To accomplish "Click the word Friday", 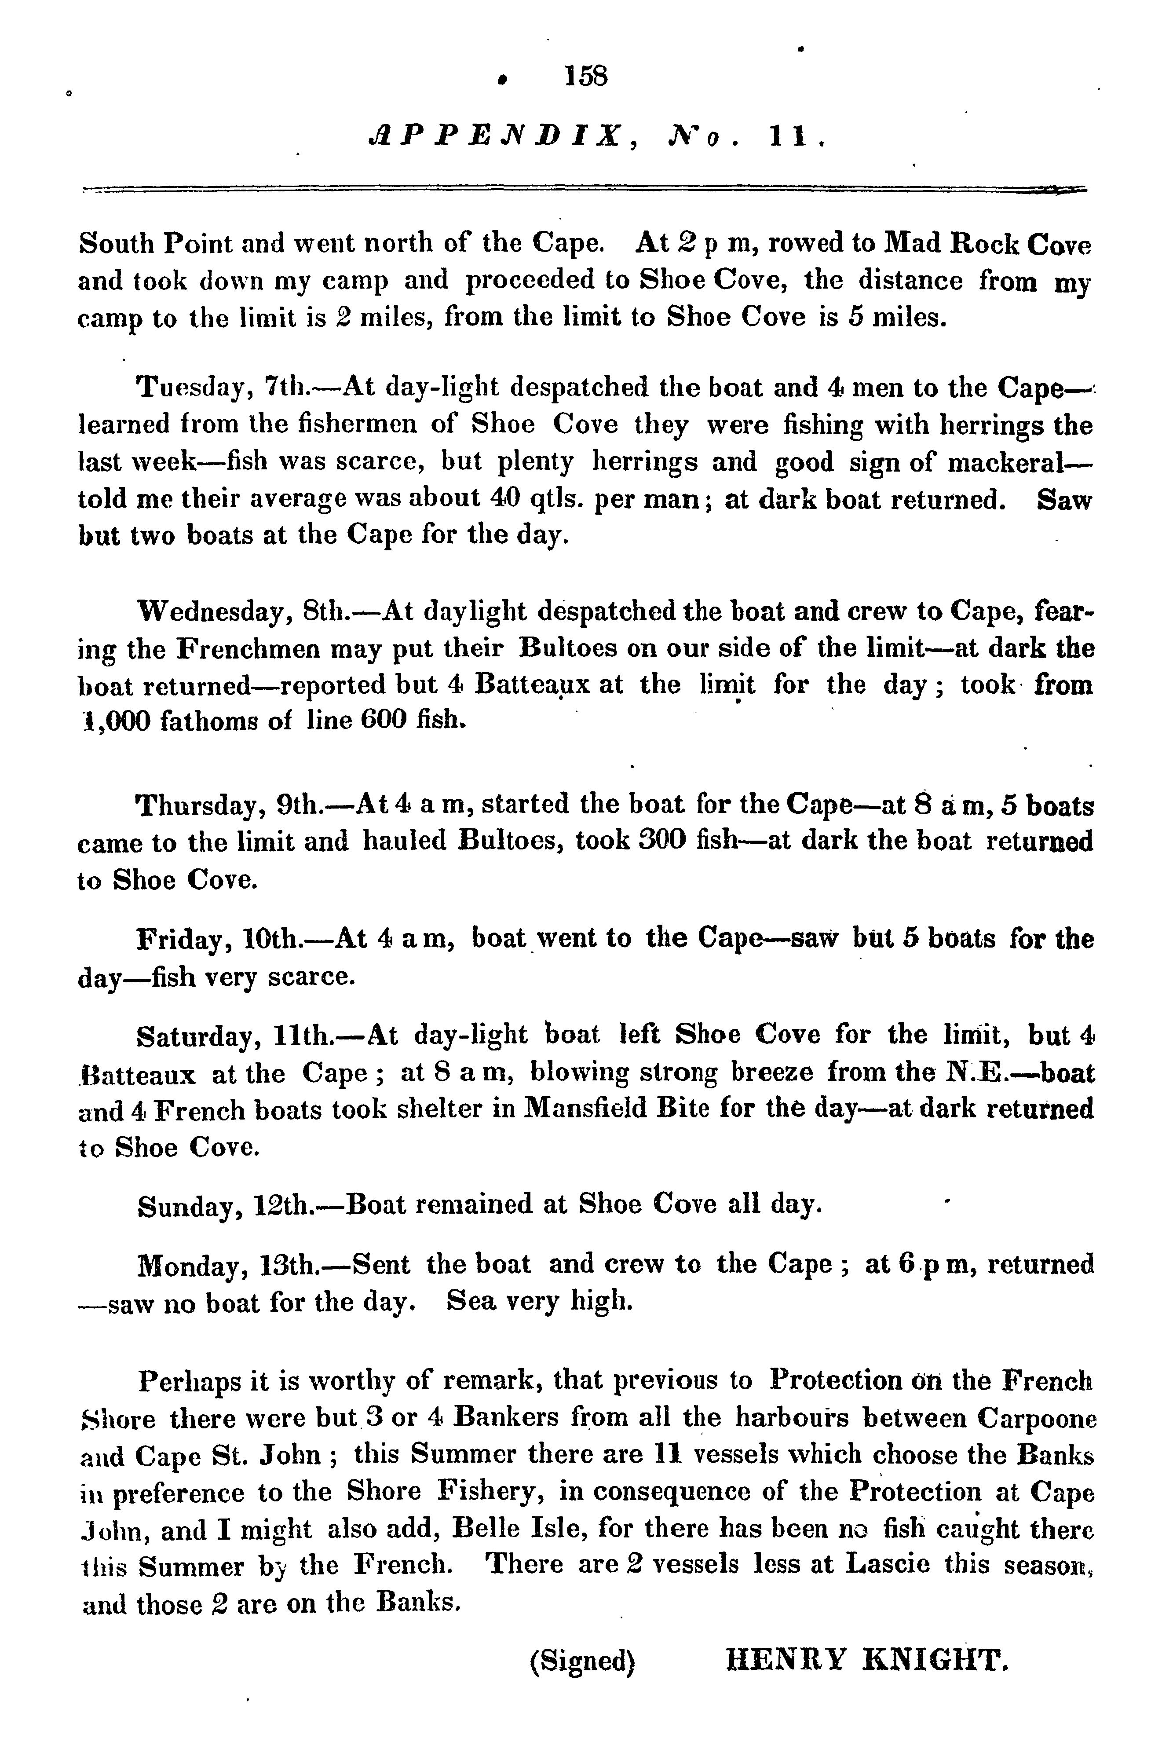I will [x=182, y=940].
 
